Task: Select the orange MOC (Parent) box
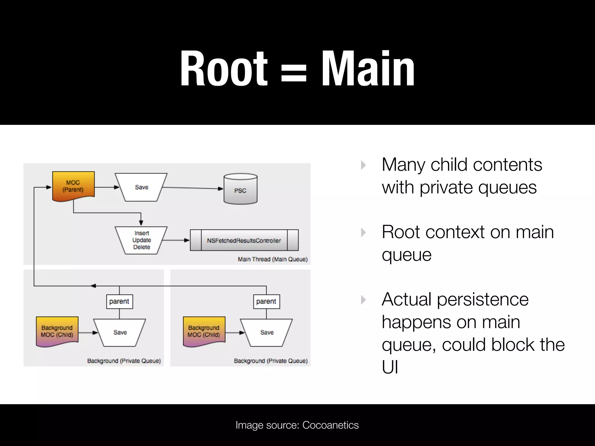coord(73,186)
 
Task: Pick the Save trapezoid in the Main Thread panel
coord(141,187)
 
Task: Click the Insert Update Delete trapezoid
coord(141,240)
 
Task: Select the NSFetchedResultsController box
coord(244,240)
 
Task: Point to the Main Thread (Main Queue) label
coord(273,259)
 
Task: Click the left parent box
coord(119,301)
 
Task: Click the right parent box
coord(266,301)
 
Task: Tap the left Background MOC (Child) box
coord(57,331)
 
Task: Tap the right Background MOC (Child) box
coord(204,331)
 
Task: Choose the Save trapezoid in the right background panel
coord(267,332)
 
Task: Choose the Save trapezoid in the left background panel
coord(120,332)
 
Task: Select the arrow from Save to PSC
coord(192,188)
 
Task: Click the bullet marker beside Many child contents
coord(363,165)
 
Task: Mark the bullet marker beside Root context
coord(363,233)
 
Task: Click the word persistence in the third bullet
coord(483,299)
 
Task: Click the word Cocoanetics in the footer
coord(330,425)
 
